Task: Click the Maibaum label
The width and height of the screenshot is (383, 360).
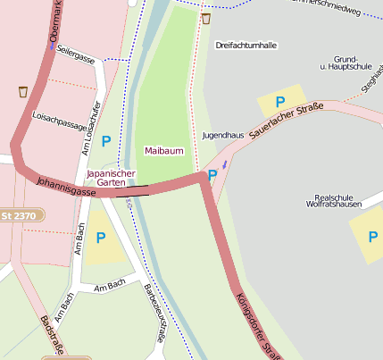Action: pyautogui.click(x=164, y=151)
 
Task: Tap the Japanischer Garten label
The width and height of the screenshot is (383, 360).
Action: pyautogui.click(x=112, y=177)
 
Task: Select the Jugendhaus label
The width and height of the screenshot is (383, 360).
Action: pyautogui.click(x=223, y=135)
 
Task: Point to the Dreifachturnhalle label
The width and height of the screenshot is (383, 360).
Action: pyautogui.click(x=246, y=44)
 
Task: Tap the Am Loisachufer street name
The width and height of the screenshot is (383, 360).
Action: pyautogui.click(x=91, y=128)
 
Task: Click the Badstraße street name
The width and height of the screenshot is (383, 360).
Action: pyautogui.click(x=52, y=336)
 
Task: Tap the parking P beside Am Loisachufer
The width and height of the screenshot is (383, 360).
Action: pyautogui.click(x=106, y=140)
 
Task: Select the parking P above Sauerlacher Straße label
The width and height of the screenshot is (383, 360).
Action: pyautogui.click(x=279, y=102)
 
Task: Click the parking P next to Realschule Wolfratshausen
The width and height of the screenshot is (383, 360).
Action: pyautogui.click(x=371, y=234)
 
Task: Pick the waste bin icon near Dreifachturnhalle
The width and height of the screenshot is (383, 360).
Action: pyautogui.click(x=206, y=18)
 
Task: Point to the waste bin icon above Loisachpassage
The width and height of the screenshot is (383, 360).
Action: pyautogui.click(x=22, y=91)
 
